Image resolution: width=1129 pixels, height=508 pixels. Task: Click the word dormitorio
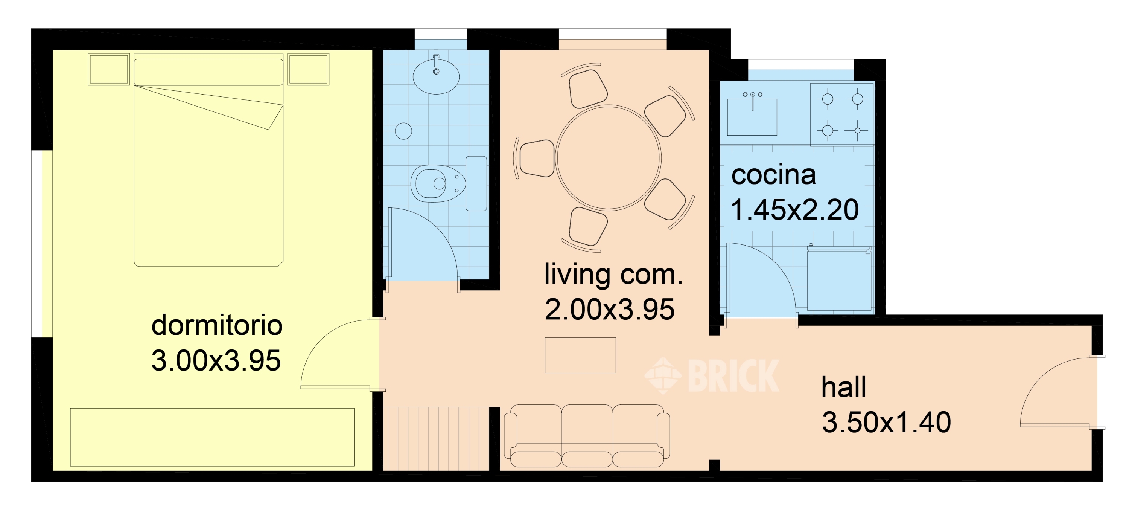[216, 325]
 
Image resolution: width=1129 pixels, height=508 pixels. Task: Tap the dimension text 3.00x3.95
[216, 361]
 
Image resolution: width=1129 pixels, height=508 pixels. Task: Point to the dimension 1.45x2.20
[794, 210]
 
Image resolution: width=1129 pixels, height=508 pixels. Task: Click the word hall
[843, 387]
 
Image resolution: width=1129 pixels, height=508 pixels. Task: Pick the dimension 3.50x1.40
[886, 423]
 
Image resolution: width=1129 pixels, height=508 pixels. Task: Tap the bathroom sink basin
[436, 77]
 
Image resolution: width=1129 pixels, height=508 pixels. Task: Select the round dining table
[608, 157]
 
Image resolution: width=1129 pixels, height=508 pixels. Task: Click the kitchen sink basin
[752, 117]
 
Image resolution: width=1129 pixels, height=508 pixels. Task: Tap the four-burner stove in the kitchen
[842, 114]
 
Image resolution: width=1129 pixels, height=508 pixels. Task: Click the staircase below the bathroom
[436, 439]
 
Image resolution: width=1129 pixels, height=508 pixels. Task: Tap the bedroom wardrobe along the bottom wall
[212, 437]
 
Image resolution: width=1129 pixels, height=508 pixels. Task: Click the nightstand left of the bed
[109, 69]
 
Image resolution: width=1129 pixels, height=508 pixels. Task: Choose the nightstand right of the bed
[308, 69]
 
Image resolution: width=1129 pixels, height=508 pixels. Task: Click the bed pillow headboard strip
[208, 72]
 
